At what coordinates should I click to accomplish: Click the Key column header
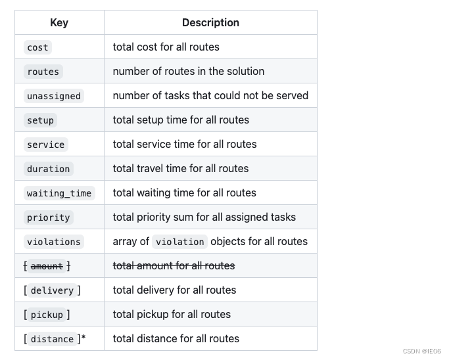pos(59,23)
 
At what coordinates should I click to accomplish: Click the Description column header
pos(210,23)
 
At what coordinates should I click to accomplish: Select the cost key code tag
pos(37,47)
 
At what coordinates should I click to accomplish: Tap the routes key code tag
pos(43,72)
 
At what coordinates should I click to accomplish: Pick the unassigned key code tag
pos(54,96)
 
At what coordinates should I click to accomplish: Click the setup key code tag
pos(40,120)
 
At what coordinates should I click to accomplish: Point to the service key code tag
pos(45,145)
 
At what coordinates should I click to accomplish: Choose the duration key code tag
pos(48,169)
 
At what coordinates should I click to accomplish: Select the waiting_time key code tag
pos(59,193)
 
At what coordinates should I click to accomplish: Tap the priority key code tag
pos(48,217)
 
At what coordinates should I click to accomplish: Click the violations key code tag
pos(54,242)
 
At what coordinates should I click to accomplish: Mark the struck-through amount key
pos(47,266)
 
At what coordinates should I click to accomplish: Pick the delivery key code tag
pos(52,290)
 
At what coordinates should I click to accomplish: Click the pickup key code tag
pos(47,315)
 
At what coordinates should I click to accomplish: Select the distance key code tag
pos(52,339)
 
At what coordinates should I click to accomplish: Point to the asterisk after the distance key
pos(83,338)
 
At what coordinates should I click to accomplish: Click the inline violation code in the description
pos(180,242)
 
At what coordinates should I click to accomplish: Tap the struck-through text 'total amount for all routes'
pos(174,266)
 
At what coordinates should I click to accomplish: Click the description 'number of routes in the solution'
pos(189,72)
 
